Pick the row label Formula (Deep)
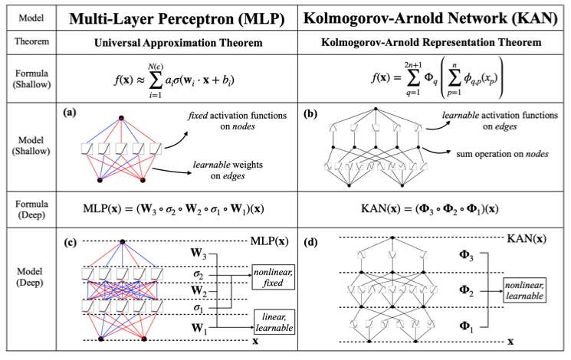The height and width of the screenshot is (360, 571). tap(30, 210)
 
